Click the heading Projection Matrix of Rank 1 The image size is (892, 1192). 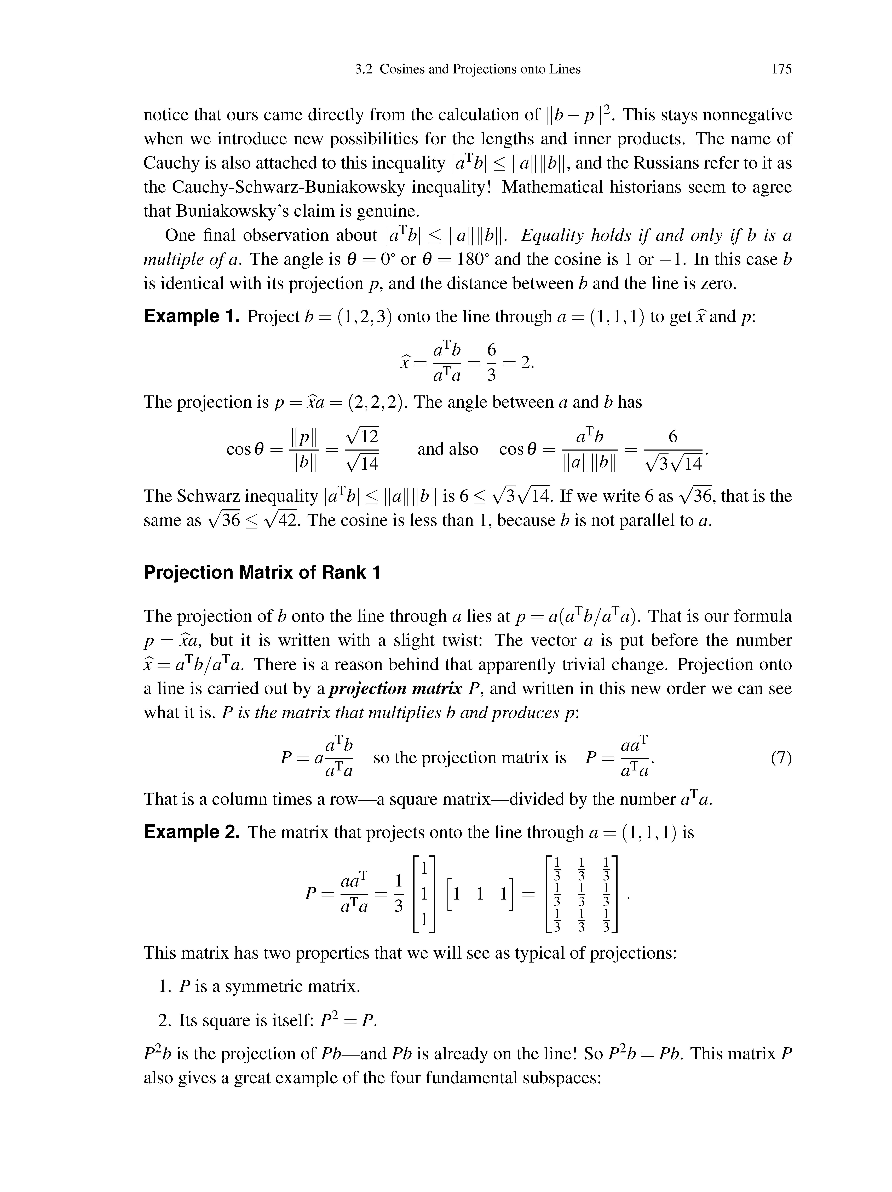[x=262, y=572]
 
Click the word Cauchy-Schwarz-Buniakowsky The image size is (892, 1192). [x=288, y=187]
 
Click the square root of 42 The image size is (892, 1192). [x=279, y=520]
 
